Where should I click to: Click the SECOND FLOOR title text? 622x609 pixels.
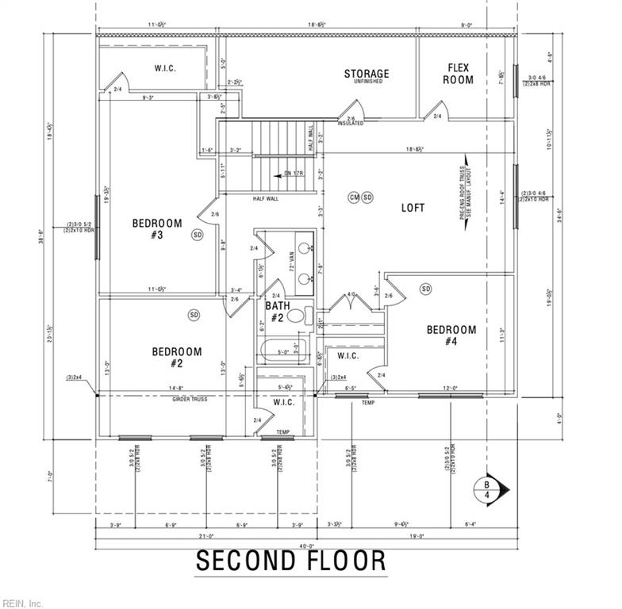point(291,561)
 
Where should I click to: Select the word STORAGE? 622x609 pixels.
point(367,74)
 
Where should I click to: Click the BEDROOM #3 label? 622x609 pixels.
point(157,229)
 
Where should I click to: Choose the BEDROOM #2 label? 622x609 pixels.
point(177,357)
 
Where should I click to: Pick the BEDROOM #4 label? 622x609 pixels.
point(451,335)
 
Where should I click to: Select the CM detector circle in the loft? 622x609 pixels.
point(355,197)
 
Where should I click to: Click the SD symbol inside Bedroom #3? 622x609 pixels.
point(197,235)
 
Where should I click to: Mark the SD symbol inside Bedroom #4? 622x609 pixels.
point(426,288)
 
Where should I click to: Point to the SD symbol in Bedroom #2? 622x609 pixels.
point(194,315)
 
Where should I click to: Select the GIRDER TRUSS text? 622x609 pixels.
point(190,399)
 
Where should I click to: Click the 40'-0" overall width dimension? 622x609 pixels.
point(306,546)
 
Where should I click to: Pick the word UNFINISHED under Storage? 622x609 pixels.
point(367,82)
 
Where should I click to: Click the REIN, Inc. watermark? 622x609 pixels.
point(22,603)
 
